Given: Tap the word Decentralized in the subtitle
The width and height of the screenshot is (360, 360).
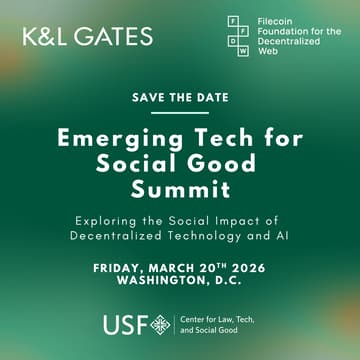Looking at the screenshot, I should coord(125,236).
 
